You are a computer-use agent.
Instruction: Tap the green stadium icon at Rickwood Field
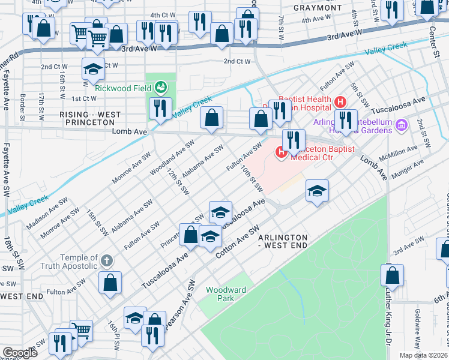coord(160,88)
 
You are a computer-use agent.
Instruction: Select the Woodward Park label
coord(226,293)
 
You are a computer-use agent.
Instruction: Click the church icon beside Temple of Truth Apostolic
coord(106,261)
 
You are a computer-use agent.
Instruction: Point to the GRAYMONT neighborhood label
coord(318,8)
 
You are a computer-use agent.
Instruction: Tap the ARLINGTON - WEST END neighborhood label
coord(283,241)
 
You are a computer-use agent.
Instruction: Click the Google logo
coord(20,353)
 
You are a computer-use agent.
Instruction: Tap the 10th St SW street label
coord(252,179)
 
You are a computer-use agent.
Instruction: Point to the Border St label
coord(22,106)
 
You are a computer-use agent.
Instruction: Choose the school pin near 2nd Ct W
coord(92,68)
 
